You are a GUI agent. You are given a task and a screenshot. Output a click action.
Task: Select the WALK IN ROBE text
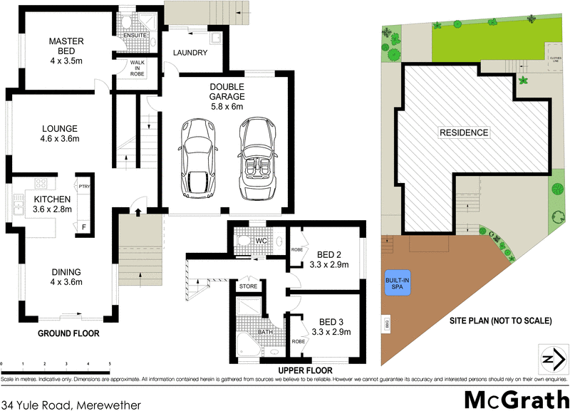coord(138,68)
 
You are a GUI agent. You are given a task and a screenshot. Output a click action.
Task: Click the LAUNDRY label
coord(190,53)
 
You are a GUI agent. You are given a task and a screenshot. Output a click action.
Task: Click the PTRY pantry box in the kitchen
coord(83,184)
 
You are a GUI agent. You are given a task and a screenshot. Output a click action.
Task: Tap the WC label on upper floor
coord(261,241)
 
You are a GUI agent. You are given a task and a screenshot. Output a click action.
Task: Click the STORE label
coord(248,287)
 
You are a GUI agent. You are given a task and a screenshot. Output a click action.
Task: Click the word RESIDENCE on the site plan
coord(463,132)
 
